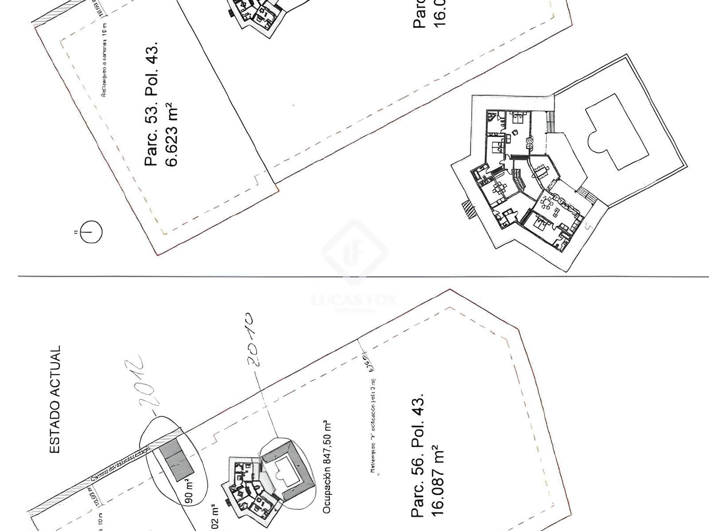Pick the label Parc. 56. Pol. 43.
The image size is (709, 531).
418,455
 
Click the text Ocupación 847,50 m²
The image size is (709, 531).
327,466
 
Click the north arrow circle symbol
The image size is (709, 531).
91,231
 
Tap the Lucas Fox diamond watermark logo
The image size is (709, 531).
354,253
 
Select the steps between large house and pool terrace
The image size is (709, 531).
584,193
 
